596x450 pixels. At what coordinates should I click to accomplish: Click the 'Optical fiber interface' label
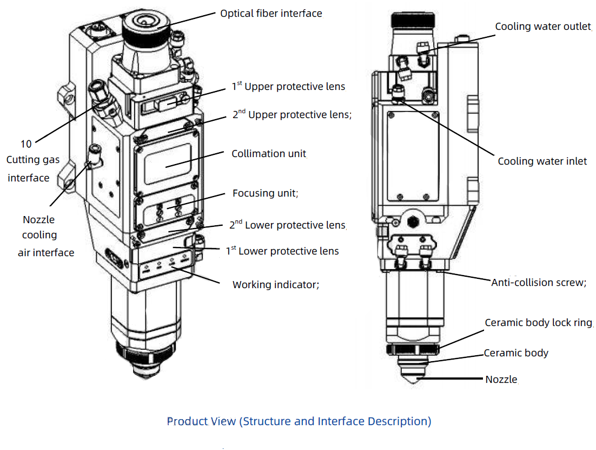270,13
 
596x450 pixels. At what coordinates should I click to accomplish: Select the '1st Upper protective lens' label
289,87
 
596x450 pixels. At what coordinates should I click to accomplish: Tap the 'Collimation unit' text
269,154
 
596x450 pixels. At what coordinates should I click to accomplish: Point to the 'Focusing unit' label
265,193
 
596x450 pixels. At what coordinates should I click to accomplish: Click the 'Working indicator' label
275,285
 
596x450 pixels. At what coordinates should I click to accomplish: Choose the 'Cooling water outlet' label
543,27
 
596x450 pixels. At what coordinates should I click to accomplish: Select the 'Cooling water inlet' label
542,161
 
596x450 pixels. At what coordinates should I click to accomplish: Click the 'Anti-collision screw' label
538,283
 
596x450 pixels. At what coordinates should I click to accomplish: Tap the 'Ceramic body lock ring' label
538,323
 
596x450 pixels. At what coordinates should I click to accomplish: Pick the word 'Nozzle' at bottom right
501,380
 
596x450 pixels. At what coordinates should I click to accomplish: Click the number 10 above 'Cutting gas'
26,144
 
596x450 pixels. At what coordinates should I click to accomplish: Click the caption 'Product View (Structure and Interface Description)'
299,421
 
